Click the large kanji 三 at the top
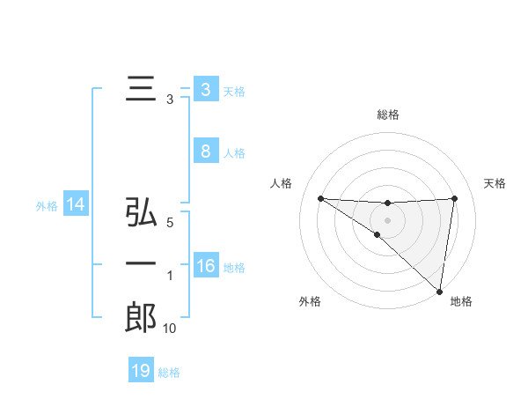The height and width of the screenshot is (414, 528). [140, 90]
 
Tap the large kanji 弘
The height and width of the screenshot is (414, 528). [141, 213]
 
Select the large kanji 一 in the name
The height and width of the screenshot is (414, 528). [141, 263]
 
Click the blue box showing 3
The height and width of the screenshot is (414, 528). [205, 90]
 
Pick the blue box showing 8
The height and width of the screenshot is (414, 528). [205, 151]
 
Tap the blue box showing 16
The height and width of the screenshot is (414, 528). [205, 266]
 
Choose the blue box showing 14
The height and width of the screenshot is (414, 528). [76, 205]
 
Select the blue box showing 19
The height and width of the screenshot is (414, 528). [141, 371]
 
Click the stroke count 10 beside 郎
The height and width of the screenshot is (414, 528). [169, 329]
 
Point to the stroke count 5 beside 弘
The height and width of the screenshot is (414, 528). [170, 224]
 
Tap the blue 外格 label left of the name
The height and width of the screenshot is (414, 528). [47, 206]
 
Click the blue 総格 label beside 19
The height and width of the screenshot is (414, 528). [169, 373]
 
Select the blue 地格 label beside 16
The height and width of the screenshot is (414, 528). [235, 268]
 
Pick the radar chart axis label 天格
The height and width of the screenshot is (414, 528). [495, 183]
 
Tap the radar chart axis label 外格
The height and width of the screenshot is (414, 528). [310, 301]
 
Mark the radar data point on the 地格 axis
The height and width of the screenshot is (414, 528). [439, 291]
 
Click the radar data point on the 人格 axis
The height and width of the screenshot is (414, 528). [320, 198]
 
